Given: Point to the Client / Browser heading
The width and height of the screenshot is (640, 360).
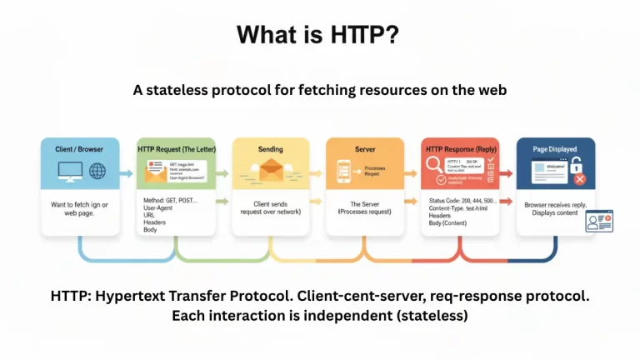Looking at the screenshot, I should tap(79, 148).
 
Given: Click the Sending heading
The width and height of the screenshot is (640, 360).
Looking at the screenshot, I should tap(270, 149).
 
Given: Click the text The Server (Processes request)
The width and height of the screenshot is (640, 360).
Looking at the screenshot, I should tap(365, 207).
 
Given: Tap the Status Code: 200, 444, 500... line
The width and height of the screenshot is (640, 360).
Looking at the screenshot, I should tap(463, 201).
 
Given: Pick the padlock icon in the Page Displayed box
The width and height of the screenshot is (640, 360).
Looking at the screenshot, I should tap(576, 163).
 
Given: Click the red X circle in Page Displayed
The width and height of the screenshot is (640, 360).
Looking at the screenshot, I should tap(579, 179).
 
